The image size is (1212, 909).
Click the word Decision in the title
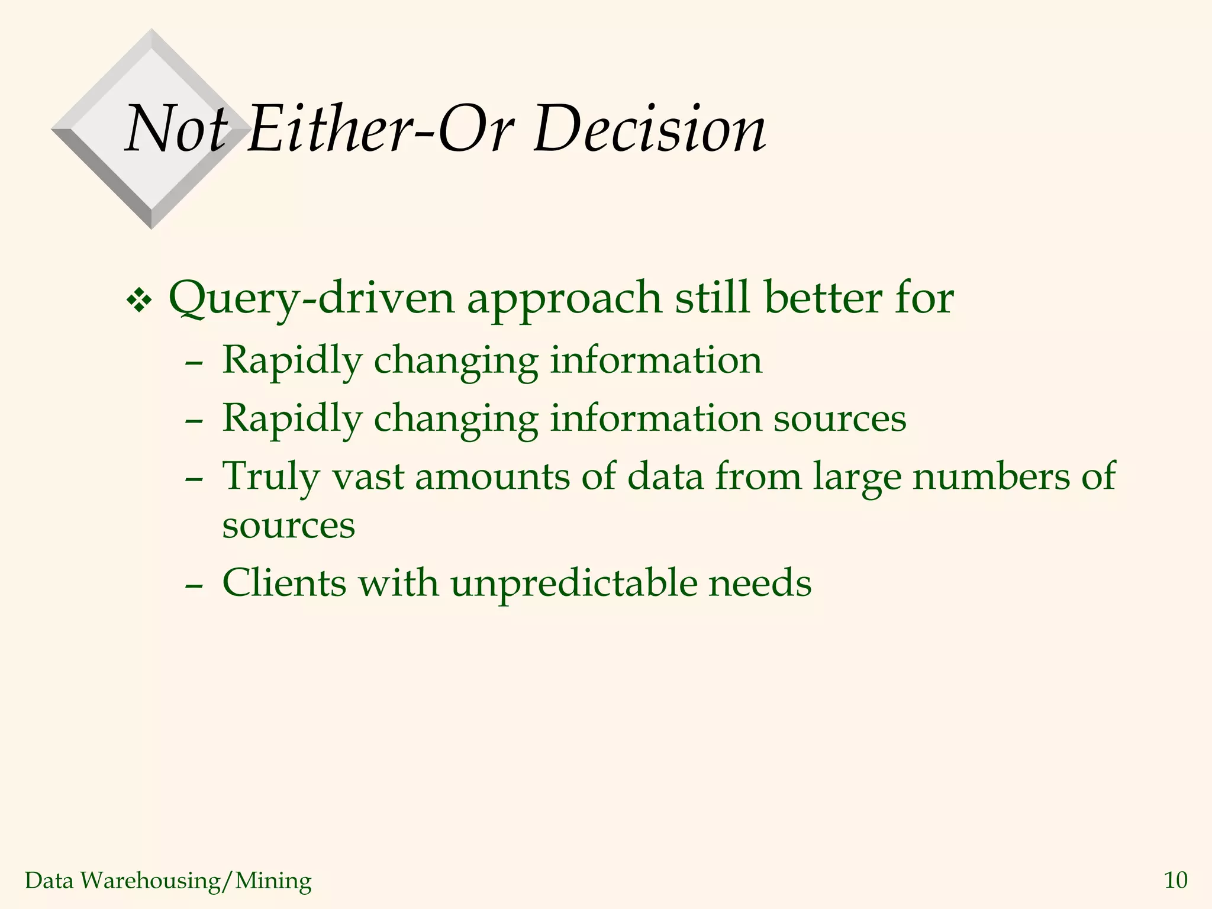point(649,129)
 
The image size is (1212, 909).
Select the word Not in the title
point(176,129)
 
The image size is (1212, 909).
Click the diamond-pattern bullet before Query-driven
point(140,302)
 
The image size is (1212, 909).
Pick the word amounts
point(492,477)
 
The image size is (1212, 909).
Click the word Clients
point(284,584)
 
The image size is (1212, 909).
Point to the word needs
point(760,584)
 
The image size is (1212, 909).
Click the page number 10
point(1175,881)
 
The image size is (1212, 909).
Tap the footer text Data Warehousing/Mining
point(168,881)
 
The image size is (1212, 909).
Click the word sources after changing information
point(840,419)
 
